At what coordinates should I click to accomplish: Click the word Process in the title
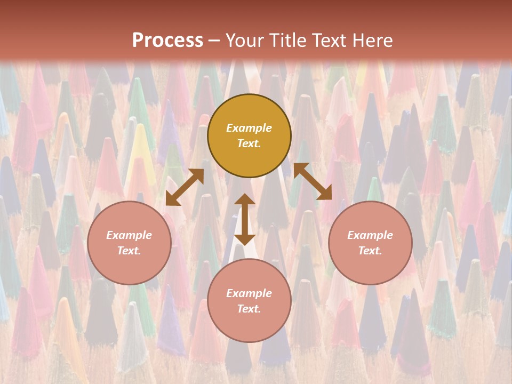click(x=167, y=41)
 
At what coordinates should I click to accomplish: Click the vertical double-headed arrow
click(x=245, y=219)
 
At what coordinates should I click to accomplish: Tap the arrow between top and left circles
click(x=185, y=187)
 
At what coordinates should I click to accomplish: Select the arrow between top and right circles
click(x=313, y=181)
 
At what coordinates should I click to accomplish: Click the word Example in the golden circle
click(x=249, y=128)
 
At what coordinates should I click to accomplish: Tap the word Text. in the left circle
click(x=129, y=251)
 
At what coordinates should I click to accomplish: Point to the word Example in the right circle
click(x=370, y=235)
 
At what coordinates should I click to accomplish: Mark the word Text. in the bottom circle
click(x=249, y=309)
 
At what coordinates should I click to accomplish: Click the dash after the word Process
click(x=214, y=41)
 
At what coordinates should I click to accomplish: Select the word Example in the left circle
click(x=129, y=235)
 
